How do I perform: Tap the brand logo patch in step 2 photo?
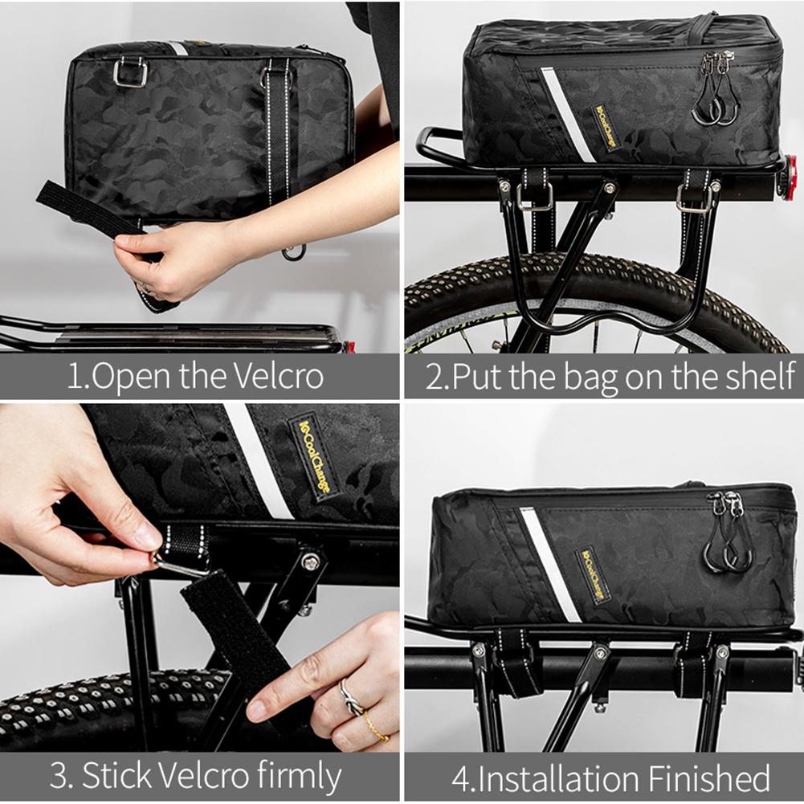click(607, 126)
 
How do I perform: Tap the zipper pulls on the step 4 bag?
click(727, 534)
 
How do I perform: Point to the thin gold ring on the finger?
click(376, 726)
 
